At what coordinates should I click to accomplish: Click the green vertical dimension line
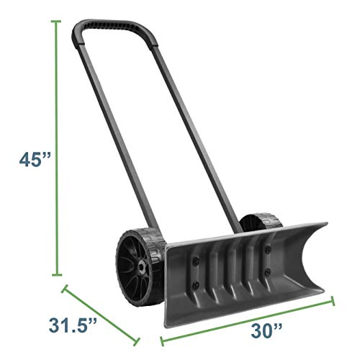(55, 144)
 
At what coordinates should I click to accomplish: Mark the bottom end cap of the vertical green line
(55, 274)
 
